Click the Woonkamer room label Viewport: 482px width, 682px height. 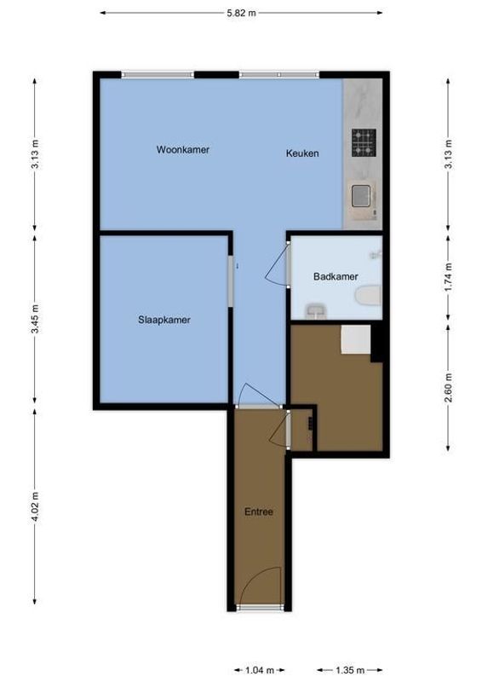click(182, 149)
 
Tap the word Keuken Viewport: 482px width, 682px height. click(301, 153)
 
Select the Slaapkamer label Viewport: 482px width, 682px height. click(164, 321)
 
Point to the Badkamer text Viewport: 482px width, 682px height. click(335, 276)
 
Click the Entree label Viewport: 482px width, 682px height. click(258, 512)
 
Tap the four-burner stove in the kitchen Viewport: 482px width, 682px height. click(364, 142)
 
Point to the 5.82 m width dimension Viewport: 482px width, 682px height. click(241, 14)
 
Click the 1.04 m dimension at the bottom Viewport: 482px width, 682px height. click(260, 671)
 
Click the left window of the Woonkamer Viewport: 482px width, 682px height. click(157, 75)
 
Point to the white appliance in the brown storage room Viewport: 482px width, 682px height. click(355, 339)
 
